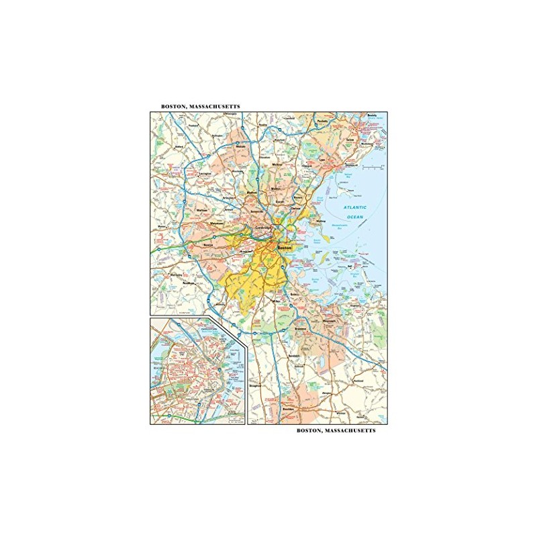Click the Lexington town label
click(205, 173)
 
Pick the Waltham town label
click(203, 210)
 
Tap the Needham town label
click(197, 282)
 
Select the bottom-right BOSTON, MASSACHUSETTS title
click(335, 432)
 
